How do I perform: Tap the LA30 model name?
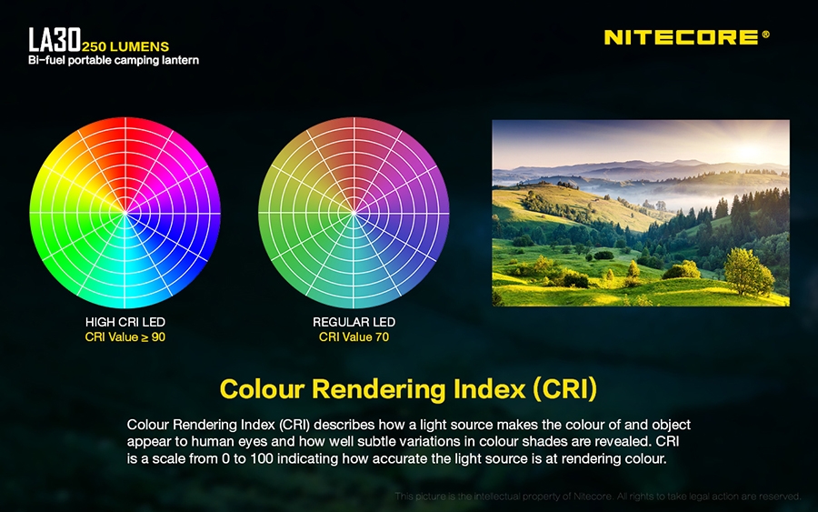point(55,40)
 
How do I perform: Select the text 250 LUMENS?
point(125,46)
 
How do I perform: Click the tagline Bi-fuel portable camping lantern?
point(114,60)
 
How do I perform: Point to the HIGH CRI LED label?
point(125,322)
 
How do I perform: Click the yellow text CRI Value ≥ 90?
point(125,337)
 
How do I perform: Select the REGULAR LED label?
point(354,322)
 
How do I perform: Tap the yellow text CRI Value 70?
point(354,337)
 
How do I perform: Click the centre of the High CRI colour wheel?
point(125,213)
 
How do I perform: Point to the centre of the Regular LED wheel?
point(354,213)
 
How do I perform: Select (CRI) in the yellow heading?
point(565,389)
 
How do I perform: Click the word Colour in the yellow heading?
point(262,389)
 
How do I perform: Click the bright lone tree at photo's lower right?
point(748,271)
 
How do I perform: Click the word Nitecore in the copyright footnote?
point(592,497)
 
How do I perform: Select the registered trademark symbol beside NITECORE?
point(766,35)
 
